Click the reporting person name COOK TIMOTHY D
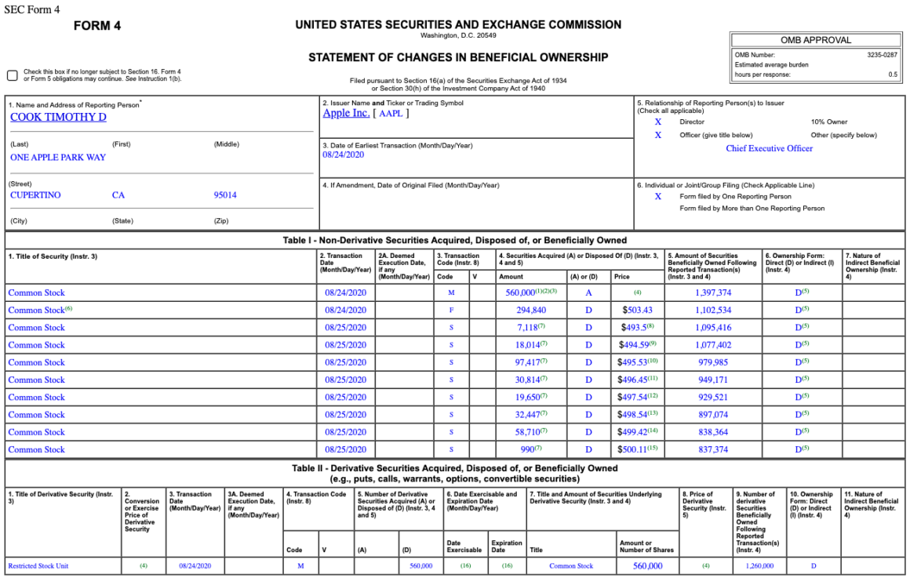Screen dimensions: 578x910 click(58, 118)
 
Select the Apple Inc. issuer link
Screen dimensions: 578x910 click(346, 113)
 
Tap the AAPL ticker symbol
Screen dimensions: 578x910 click(390, 114)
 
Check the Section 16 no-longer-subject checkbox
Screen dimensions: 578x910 click(13, 75)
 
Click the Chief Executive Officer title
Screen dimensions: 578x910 click(769, 148)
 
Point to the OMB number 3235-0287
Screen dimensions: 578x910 click(882, 55)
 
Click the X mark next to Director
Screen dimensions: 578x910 click(658, 122)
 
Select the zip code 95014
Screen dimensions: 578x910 click(225, 195)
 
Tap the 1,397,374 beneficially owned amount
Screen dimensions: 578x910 click(713, 293)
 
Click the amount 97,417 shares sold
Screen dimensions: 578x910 click(530, 362)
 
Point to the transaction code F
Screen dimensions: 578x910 click(451, 311)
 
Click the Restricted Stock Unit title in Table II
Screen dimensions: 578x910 click(38, 565)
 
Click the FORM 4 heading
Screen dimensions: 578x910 click(97, 26)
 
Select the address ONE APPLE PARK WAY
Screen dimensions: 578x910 click(58, 158)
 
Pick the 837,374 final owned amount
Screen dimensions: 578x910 click(713, 449)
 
